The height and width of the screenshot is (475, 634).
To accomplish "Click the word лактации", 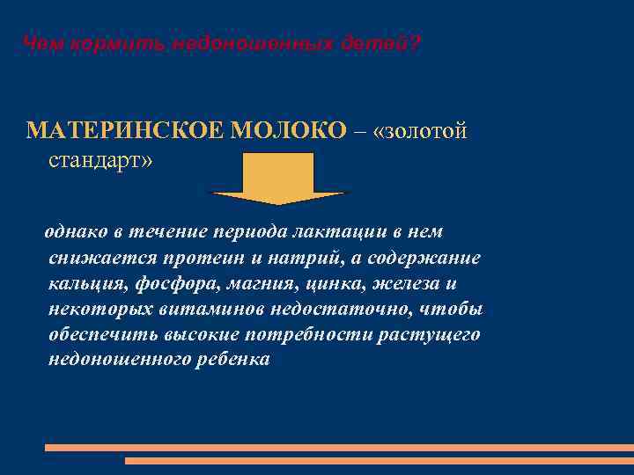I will coord(343,231).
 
